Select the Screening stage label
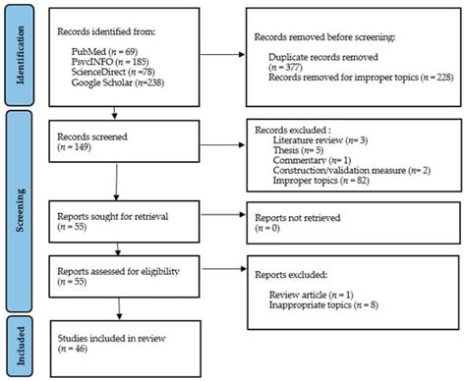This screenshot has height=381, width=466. click(x=18, y=223)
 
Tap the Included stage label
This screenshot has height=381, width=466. click(x=18, y=346)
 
